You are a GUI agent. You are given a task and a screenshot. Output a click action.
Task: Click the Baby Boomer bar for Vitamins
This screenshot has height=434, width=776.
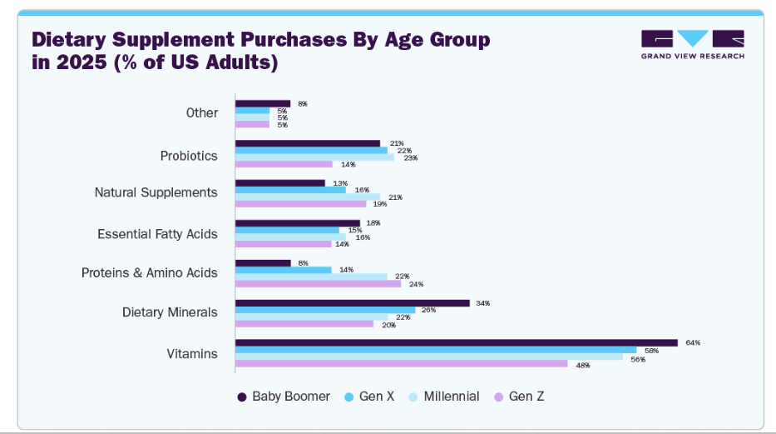[456, 342]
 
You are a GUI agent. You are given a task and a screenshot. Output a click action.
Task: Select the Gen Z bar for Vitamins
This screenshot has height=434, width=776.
[401, 364]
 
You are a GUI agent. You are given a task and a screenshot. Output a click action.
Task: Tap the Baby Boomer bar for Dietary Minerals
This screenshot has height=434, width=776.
[352, 303]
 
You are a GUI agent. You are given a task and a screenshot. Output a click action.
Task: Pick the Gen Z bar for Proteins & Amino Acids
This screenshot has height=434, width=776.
[318, 283]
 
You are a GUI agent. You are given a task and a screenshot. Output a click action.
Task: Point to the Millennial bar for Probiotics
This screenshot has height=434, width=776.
[314, 157]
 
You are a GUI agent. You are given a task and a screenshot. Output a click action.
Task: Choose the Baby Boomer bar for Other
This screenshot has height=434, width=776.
[263, 103]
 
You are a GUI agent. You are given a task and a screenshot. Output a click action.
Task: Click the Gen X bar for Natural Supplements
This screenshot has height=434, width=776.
[290, 190]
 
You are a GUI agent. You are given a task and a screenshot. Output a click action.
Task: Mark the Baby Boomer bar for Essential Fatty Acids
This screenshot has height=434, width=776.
[297, 223]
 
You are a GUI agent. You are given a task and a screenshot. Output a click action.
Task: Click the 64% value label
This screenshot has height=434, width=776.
[693, 342]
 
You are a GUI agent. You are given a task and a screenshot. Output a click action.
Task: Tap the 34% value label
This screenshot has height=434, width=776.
[482, 303]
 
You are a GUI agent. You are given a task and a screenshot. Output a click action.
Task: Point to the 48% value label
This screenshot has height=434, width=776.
[582, 365]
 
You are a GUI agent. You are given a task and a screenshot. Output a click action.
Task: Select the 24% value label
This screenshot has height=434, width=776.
[416, 284]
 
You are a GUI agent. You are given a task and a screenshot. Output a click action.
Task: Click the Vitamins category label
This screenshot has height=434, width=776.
[192, 353]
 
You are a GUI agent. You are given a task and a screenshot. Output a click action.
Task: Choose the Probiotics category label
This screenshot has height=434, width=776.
[189, 156]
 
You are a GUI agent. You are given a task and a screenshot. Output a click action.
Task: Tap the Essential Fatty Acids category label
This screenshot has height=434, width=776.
[157, 234]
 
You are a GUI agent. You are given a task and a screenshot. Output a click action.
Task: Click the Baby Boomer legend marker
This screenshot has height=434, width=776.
[242, 397]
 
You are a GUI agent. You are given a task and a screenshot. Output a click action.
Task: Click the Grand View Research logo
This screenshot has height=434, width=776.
[692, 44]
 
